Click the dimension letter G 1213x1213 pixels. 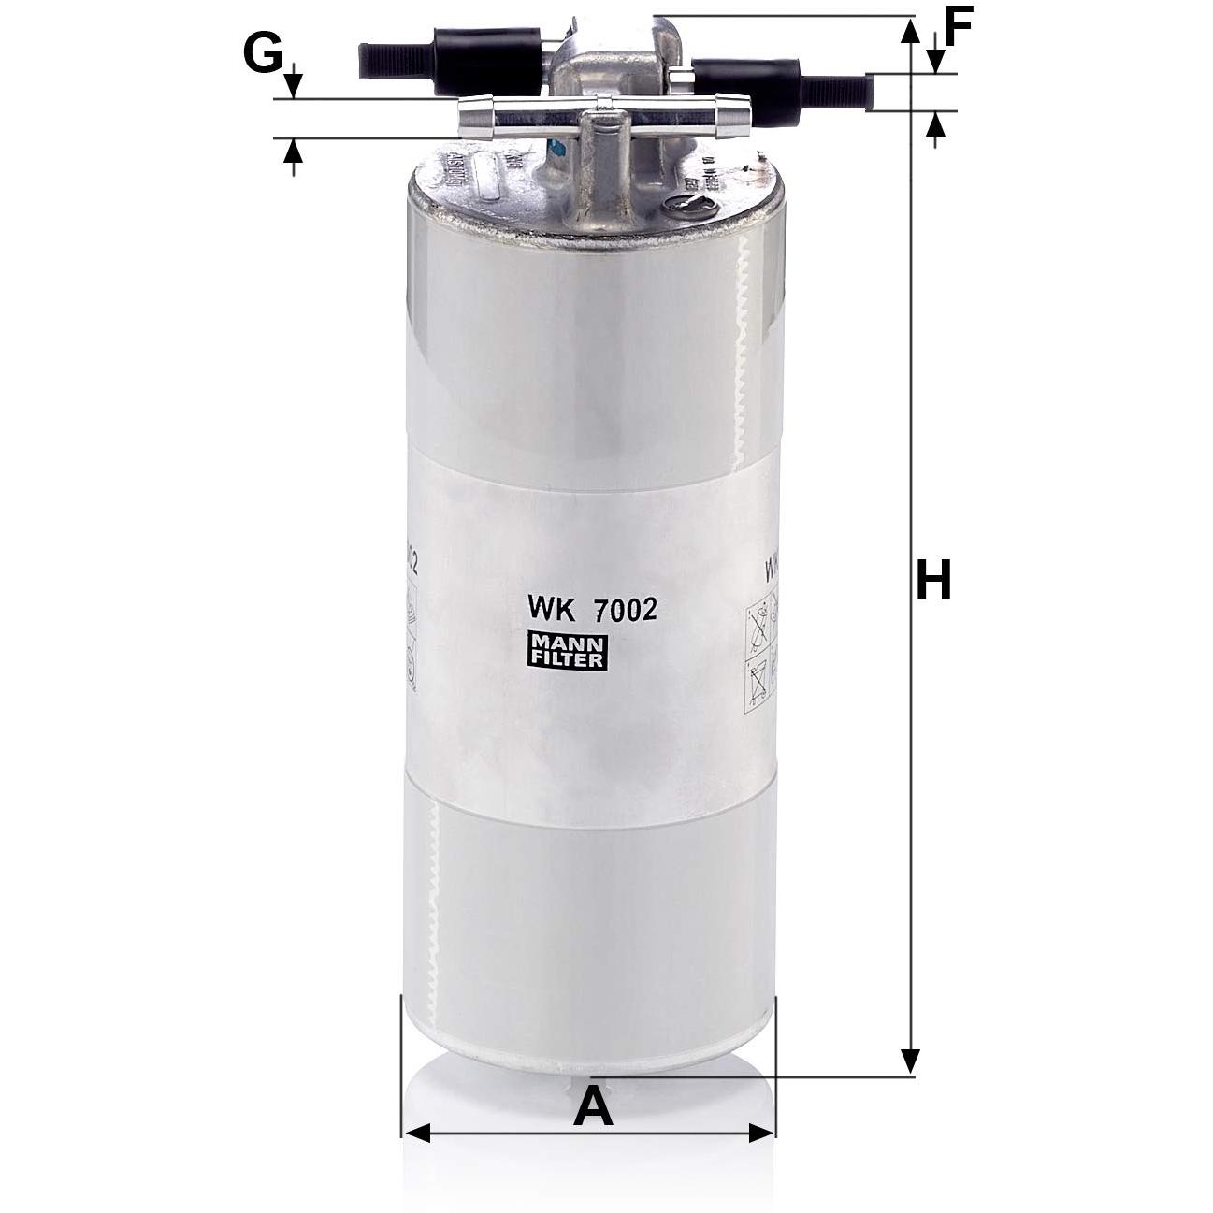(x=263, y=53)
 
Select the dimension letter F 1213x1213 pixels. (x=959, y=26)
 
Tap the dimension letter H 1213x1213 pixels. (x=932, y=581)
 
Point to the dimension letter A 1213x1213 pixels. (x=593, y=1107)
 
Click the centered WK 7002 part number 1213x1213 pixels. (x=592, y=610)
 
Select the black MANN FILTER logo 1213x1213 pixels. (x=568, y=651)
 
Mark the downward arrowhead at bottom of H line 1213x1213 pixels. (x=909, y=1061)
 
